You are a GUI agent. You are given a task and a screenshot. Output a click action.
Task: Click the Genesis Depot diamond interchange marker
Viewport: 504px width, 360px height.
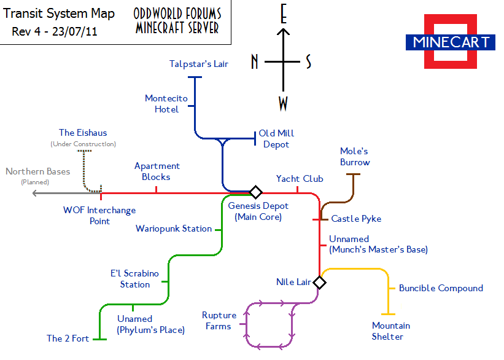click(256, 192)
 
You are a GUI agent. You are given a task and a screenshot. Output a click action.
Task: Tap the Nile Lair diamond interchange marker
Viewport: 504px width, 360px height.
click(319, 283)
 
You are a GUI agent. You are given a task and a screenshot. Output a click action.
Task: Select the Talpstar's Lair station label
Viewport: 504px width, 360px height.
click(199, 64)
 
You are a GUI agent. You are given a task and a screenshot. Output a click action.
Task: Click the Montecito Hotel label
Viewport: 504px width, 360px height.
click(166, 104)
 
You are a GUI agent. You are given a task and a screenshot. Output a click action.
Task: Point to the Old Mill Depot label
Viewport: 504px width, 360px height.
click(276, 139)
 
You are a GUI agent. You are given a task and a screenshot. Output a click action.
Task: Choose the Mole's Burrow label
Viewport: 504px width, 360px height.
click(355, 157)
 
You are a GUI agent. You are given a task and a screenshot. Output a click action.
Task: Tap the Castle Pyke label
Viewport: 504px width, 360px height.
click(356, 219)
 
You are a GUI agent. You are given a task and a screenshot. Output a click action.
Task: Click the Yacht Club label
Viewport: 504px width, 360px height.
click(300, 179)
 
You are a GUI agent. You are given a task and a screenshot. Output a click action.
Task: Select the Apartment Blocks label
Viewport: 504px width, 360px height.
click(157, 171)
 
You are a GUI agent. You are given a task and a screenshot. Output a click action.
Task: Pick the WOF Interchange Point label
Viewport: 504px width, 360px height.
click(99, 216)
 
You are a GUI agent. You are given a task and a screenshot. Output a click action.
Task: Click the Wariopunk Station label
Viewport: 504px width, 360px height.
click(174, 229)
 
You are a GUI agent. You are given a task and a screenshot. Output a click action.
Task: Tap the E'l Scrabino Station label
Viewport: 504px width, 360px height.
click(135, 279)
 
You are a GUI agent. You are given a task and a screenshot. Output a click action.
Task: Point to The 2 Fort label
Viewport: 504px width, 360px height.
click(68, 338)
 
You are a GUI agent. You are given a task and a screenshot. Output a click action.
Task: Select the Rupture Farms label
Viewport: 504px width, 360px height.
click(219, 321)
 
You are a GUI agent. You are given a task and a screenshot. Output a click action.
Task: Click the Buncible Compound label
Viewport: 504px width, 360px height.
click(441, 288)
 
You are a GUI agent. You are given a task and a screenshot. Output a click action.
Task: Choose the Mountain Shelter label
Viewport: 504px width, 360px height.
click(391, 331)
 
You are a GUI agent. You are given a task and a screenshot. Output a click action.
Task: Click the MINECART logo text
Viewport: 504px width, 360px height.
click(451, 42)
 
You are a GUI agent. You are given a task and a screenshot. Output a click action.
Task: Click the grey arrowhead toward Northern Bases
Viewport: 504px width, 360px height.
click(36, 193)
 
